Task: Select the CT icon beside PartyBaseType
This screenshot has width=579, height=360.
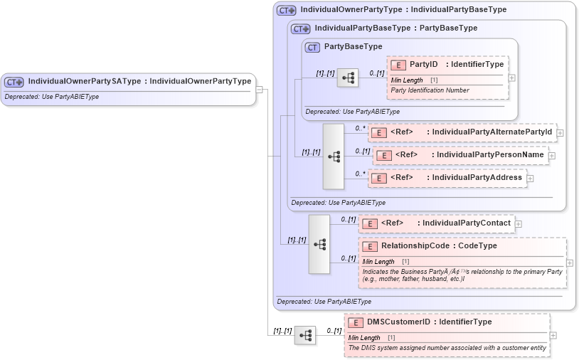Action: click(x=312, y=47)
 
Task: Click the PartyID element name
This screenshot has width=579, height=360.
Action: click(x=423, y=65)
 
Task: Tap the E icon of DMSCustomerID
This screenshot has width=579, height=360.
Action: click(x=355, y=322)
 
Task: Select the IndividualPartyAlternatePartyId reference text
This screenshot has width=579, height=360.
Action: click(x=490, y=132)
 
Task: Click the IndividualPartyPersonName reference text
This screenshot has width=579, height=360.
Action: click(x=490, y=155)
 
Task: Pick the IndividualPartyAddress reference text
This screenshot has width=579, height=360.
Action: click(x=477, y=178)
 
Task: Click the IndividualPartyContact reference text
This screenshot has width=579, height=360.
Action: click(x=466, y=223)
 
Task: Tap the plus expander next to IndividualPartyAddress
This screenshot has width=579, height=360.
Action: click(x=530, y=179)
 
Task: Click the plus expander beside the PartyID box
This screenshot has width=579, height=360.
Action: click(x=512, y=78)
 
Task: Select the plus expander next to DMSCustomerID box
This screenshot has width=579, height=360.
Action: click(x=553, y=335)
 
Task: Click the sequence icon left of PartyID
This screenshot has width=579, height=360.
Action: click(x=348, y=78)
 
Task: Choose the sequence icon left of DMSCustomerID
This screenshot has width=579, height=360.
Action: click(x=305, y=336)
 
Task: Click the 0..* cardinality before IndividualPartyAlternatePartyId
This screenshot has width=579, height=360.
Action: click(x=360, y=128)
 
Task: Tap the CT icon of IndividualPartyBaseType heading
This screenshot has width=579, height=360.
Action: click(x=301, y=28)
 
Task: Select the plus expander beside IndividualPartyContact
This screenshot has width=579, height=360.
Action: click(x=519, y=224)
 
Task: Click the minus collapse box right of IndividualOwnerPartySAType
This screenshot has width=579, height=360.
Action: click(x=260, y=90)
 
